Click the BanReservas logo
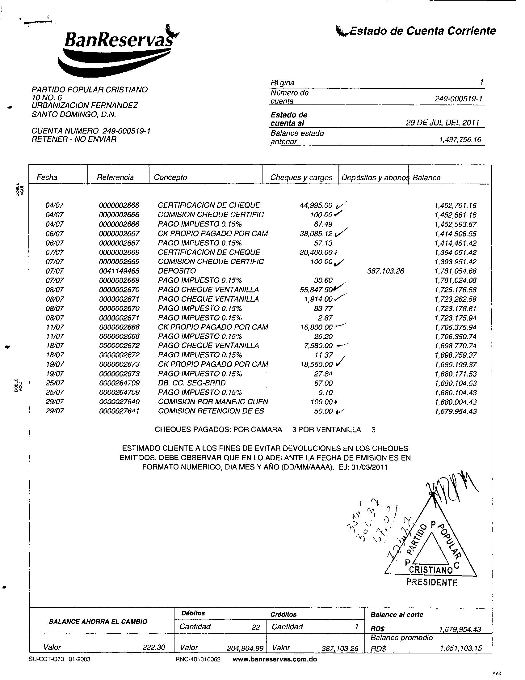[x=117, y=50]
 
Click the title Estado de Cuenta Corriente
[x=417, y=31]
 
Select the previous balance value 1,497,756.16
[x=460, y=140]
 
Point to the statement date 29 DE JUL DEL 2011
[x=442, y=123]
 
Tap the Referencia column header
[x=115, y=177]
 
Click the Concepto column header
[x=170, y=177]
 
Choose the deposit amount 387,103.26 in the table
[x=386, y=271]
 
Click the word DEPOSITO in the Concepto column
[x=177, y=271]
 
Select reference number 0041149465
[x=119, y=271]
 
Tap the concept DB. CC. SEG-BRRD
[x=191, y=383]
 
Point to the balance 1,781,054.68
[x=455, y=271]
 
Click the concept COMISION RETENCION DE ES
[x=211, y=411]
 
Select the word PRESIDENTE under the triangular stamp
[x=432, y=583]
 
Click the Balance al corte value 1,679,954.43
[x=460, y=630]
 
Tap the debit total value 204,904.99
[x=246, y=648]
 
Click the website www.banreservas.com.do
[x=275, y=659]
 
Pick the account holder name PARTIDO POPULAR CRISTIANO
[x=90, y=90]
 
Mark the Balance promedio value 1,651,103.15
[x=461, y=648]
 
